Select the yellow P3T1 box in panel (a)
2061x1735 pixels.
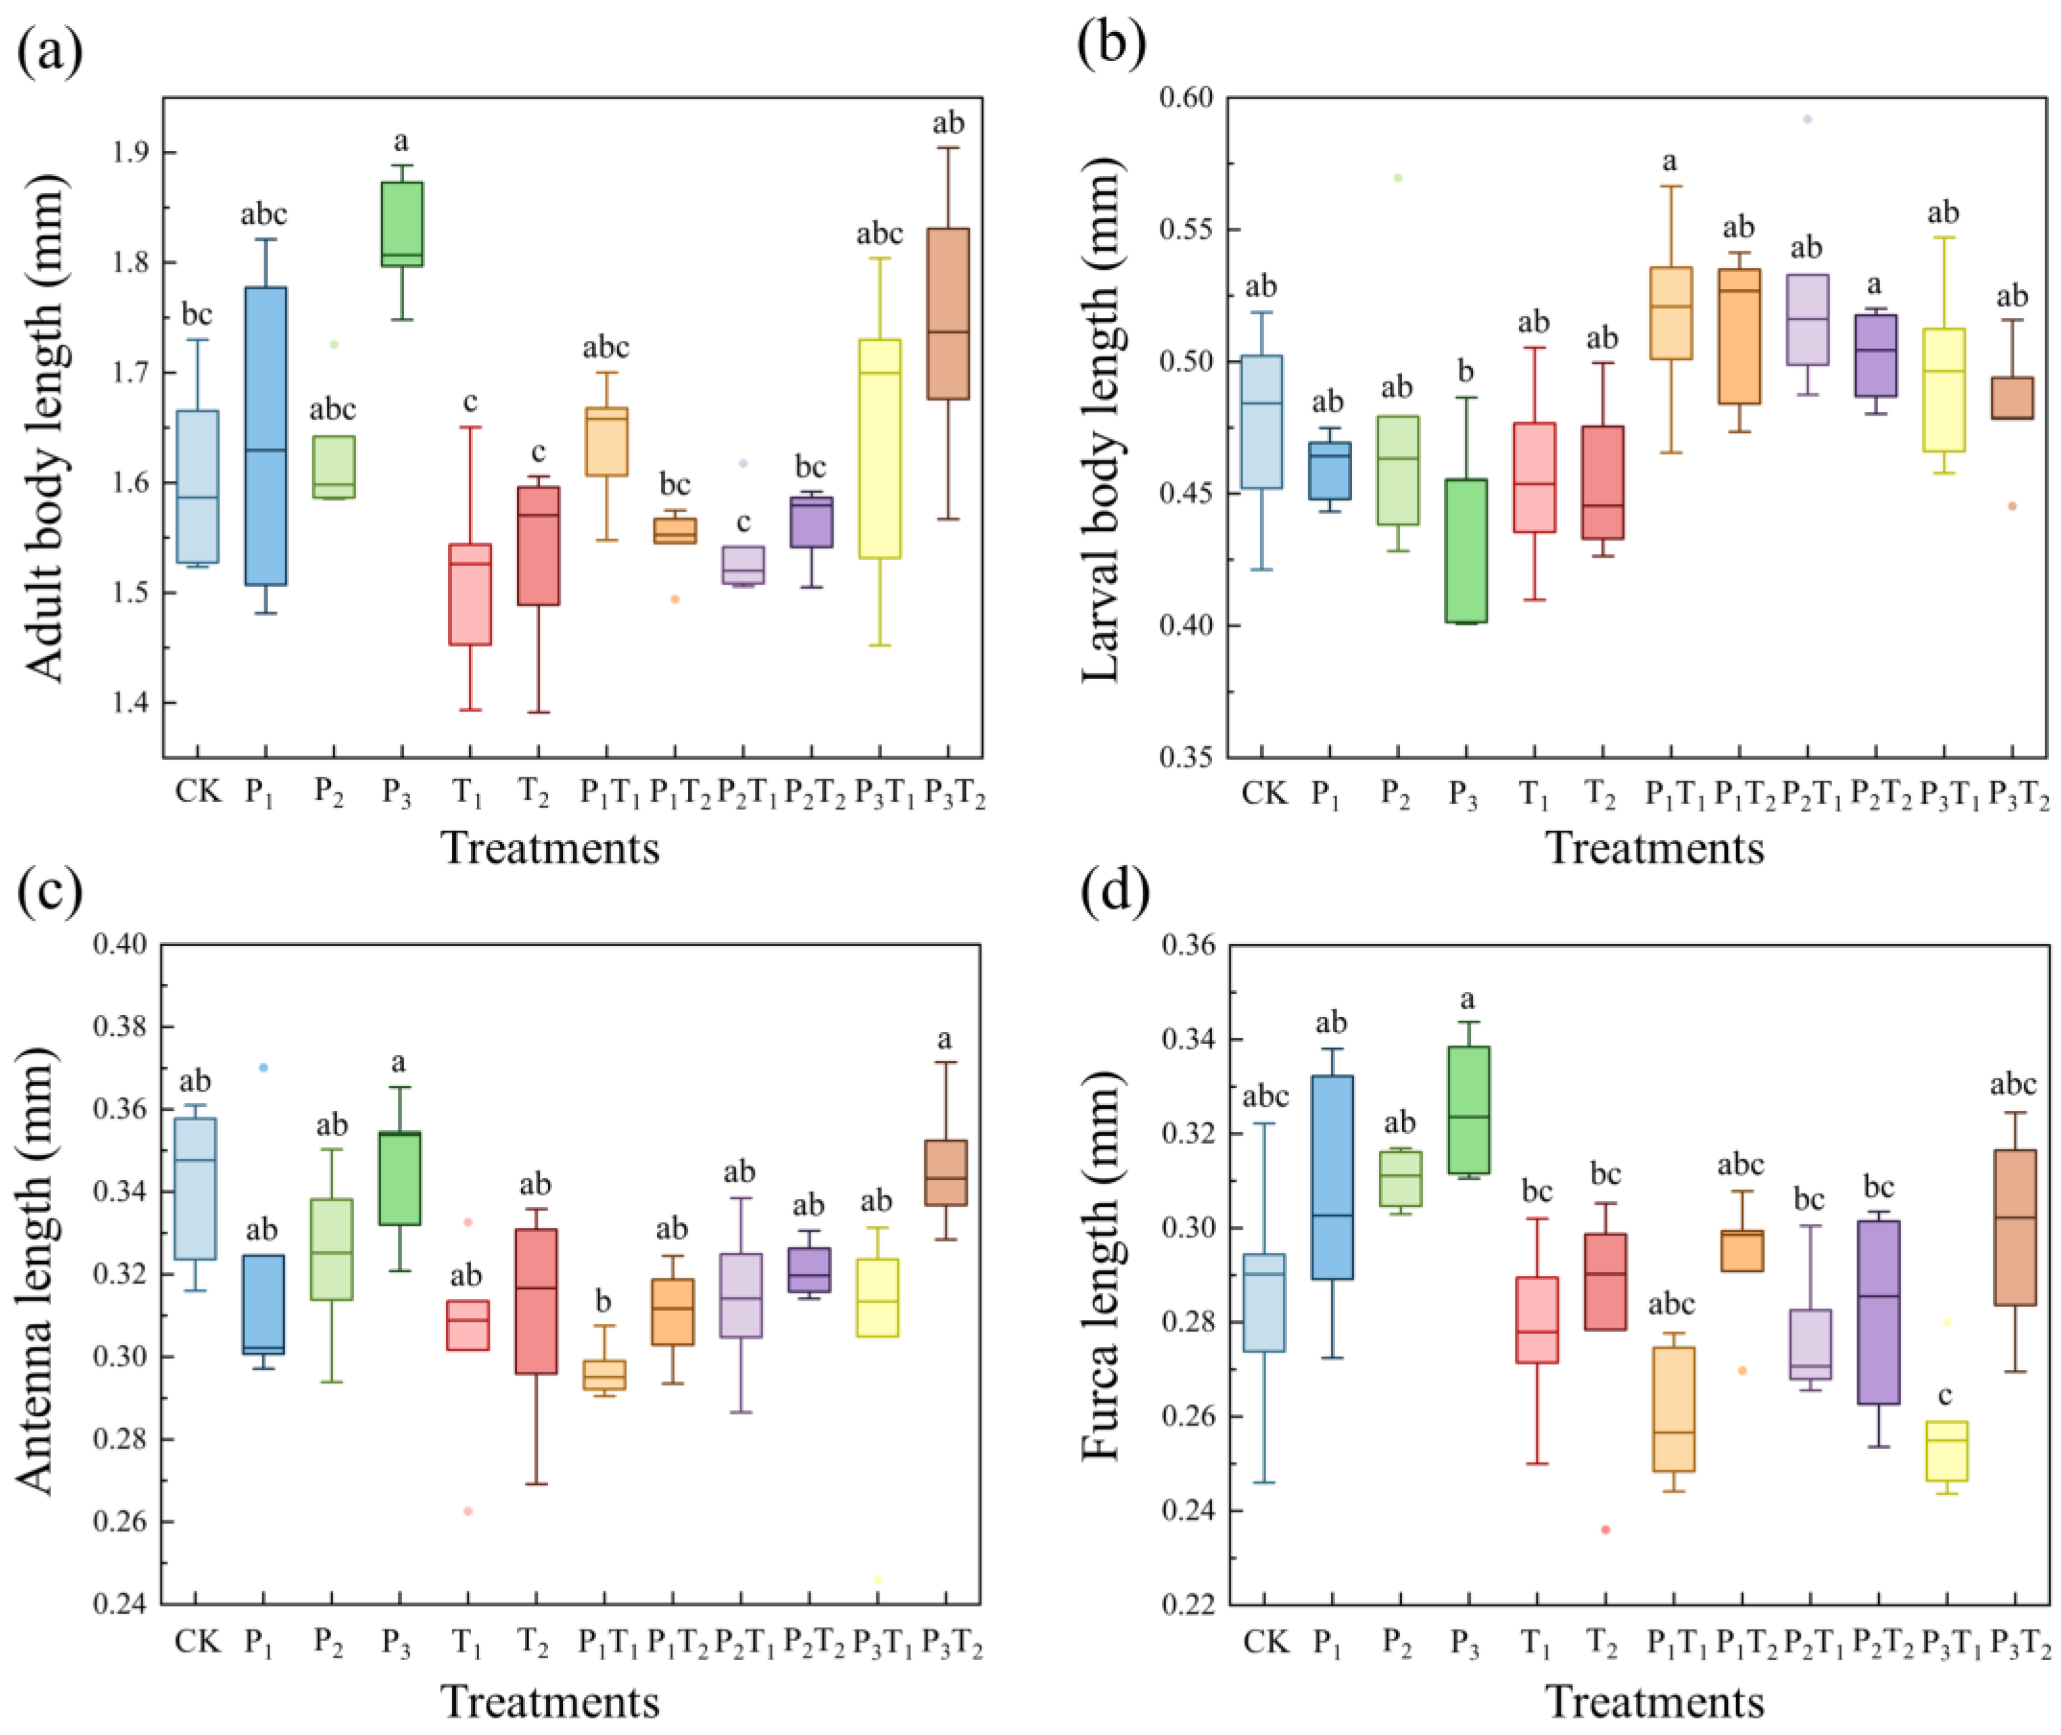coord(880,448)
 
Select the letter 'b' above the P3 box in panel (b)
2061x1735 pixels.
coord(1466,371)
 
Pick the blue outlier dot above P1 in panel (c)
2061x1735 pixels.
coord(263,1067)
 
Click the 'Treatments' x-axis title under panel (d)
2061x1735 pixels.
coord(1655,1702)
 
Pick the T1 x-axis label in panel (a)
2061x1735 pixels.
coord(468,793)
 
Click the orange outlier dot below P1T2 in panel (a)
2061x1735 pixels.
coord(674,599)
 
